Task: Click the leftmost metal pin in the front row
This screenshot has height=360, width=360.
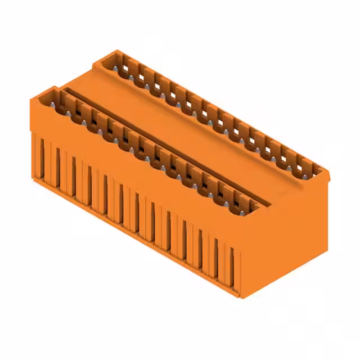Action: tap(56, 105)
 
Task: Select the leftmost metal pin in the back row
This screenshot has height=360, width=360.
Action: tap(116, 67)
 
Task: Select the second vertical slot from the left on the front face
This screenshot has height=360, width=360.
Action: tap(57, 168)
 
